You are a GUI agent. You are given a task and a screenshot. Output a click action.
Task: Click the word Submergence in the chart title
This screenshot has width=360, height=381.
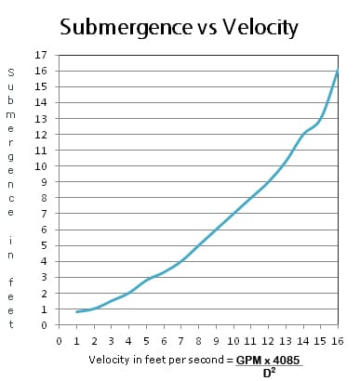coord(119,27)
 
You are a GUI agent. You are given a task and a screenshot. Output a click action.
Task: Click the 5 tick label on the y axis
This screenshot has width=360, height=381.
coord(40,245)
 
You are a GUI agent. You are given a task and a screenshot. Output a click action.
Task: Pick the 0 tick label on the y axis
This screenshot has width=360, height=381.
coord(40,325)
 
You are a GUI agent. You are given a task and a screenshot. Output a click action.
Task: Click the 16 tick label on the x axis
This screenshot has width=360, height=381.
coord(337,340)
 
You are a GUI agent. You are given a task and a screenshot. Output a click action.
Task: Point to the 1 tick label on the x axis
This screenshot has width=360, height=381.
coord(77,340)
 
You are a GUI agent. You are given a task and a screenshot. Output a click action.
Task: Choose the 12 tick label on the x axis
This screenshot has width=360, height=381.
coord(268,340)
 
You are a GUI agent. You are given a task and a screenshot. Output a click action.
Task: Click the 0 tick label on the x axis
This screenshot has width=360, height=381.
coord(60,340)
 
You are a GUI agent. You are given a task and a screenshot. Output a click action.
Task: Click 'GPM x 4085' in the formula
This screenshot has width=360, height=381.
coord(272,360)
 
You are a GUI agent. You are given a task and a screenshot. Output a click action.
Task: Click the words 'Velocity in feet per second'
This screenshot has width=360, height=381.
coord(156,360)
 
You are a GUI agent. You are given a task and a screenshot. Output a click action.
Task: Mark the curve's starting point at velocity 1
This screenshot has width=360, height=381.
coord(77,312)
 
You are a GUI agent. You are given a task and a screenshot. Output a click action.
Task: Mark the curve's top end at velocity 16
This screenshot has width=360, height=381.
coord(337,72)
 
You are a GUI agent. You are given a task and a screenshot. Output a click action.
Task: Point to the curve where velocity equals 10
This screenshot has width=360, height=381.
coord(233,213)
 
